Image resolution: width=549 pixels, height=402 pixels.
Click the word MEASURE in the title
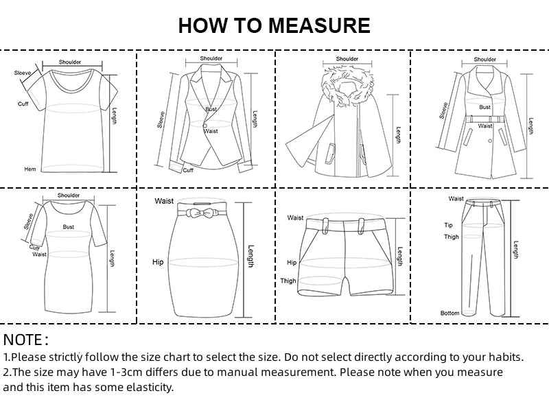pos(319,25)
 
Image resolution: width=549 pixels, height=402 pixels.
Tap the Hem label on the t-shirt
pos(30,169)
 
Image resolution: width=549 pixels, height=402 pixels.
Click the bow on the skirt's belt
pos(200,213)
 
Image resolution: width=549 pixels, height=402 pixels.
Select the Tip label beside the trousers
pos(449,225)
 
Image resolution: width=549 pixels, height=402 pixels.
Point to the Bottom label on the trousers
pos(449,313)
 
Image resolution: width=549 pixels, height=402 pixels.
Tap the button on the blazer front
pos(205,126)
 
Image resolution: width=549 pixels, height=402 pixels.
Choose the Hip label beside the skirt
pos(158,262)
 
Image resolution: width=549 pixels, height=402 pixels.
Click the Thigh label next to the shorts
pos(288,281)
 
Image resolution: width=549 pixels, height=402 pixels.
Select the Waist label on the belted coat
pos(485,126)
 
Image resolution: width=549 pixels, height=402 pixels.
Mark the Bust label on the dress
pos(68,226)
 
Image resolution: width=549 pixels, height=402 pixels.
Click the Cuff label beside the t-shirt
pos(23,104)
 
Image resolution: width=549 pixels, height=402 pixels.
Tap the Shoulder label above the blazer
pos(211,58)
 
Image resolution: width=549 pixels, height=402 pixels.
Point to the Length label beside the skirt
pos(250,256)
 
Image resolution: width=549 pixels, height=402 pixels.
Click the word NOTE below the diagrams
pos(23,340)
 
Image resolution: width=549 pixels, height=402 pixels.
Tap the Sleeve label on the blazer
pos(161,119)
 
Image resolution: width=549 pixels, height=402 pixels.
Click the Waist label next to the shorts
pos(295,217)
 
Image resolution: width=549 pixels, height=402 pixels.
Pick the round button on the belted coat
pos(490,141)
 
